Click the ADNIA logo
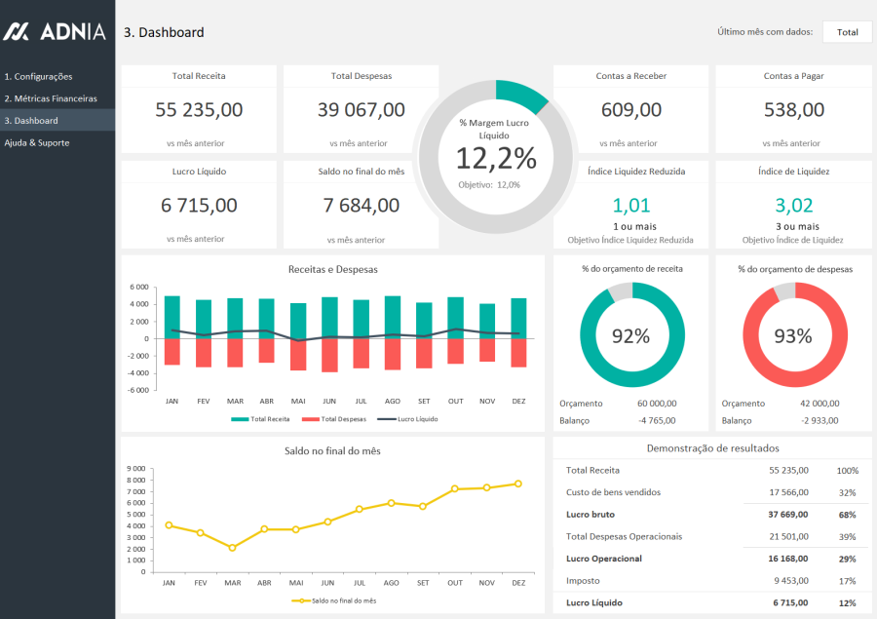[54, 31]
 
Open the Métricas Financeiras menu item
[51, 98]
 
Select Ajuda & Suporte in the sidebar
[37, 142]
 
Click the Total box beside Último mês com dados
[847, 32]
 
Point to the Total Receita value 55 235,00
[199, 110]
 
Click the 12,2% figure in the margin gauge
[496, 158]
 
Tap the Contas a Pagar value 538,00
[793, 110]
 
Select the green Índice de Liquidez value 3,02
[793, 206]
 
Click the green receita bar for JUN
[329, 317]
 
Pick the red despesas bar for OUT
[455, 351]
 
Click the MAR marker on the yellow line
[232, 548]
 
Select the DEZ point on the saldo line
[518, 484]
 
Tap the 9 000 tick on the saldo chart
[136, 468]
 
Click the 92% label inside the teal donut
[630, 336]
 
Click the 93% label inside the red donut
[793, 336]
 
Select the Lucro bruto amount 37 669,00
[787, 514]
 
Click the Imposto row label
[582, 580]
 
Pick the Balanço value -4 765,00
[657, 420]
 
